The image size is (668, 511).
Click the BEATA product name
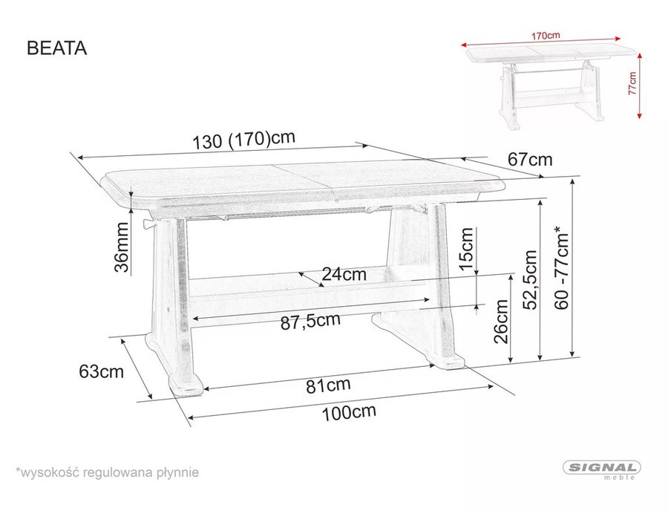(x=56, y=48)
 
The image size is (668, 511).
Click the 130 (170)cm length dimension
(x=243, y=140)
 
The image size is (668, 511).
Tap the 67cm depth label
(x=529, y=160)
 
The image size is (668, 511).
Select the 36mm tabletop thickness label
(x=122, y=247)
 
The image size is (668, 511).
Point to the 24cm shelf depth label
(x=344, y=273)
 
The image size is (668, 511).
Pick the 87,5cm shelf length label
(x=310, y=322)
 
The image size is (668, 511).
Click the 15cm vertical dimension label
(x=466, y=249)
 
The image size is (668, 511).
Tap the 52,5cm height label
(x=531, y=279)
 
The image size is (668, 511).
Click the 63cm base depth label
(x=101, y=371)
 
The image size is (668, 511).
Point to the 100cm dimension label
(x=349, y=412)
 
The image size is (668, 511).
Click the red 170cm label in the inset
(x=546, y=36)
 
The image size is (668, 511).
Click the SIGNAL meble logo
(x=602, y=469)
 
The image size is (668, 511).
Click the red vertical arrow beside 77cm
(x=640, y=86)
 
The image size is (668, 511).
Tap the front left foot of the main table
(x=186, y=385)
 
